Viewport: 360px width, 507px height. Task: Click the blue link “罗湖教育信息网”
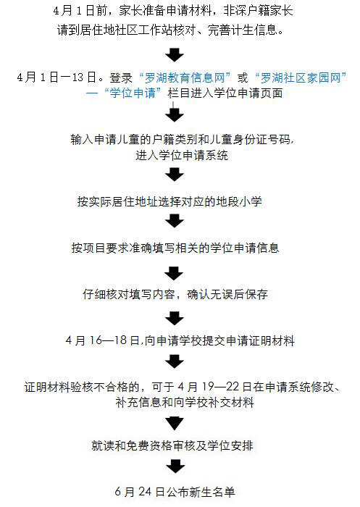click(x=185, y=78)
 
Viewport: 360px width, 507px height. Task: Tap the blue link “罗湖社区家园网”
click(x=301, y=78)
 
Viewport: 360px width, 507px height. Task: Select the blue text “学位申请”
click(x=133, y=93)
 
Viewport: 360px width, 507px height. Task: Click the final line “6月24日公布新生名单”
click(x=175, y=492)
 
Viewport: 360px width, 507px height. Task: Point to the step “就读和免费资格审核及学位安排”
click(x=172, y=445)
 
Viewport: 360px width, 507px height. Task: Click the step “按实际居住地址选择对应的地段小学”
click(x=169, y=201)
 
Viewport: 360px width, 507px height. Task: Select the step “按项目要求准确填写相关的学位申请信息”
click(x=175, y=248)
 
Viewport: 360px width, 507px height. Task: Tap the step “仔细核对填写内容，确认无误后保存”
click(x=175, y=294)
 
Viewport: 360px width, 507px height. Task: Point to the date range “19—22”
click(x=221, y=387)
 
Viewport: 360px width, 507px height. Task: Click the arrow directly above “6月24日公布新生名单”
click(x=175, y=466)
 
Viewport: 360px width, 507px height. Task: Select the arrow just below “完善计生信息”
click(x=175, y=55)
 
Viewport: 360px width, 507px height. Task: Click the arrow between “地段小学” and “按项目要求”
click(x=175, y=221)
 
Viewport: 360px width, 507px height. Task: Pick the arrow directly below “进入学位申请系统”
click(x=175, y=175)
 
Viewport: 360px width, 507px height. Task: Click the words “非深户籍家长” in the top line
click(x=258, y=11)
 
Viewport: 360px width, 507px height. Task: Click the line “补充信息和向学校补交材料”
click(x=185, y=402)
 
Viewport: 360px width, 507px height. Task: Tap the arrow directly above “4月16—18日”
click(x=175, y=319)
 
